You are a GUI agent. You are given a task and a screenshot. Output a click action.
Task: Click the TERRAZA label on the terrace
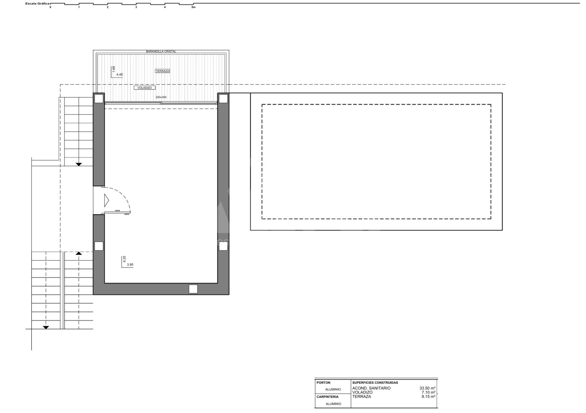[x=163, y=71]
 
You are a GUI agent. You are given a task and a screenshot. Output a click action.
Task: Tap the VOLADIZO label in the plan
[x=145, y=88]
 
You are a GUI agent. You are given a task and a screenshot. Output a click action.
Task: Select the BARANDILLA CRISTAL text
[x=161, y=52]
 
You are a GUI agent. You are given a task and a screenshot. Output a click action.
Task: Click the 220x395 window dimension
[x=161, y=97]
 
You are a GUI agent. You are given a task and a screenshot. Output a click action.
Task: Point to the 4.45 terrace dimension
[x=120, y=74]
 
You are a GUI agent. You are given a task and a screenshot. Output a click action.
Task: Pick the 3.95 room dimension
[x=130, y=265]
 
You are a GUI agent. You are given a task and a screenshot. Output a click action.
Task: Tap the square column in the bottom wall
[x=193, y=289]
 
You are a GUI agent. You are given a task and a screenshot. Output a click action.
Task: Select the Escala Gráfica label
[x=37, y=4]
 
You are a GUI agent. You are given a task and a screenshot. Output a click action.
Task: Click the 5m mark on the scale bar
[x=193, y=7]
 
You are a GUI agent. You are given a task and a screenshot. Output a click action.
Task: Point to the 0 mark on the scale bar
[x=50, y=7]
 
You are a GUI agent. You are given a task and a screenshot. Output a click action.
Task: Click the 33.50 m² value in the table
[x=428, y=388]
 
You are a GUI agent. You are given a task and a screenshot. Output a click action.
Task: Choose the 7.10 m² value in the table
[x=429, y=392]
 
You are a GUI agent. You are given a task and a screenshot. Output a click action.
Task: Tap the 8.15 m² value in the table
[x=429, y=397]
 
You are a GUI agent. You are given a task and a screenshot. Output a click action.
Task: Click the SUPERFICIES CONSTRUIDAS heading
[x=375, y=382]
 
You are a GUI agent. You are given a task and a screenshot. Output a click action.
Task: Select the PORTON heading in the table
[x=324, y=382]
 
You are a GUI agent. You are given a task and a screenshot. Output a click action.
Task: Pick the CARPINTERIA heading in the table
[x=327, y=397]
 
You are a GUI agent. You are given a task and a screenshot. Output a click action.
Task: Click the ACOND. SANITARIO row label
[x=371, y=388]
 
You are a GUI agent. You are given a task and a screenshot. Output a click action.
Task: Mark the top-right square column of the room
[x=223, y=99]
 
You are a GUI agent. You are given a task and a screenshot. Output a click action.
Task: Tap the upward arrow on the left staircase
[x=79, y=253]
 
